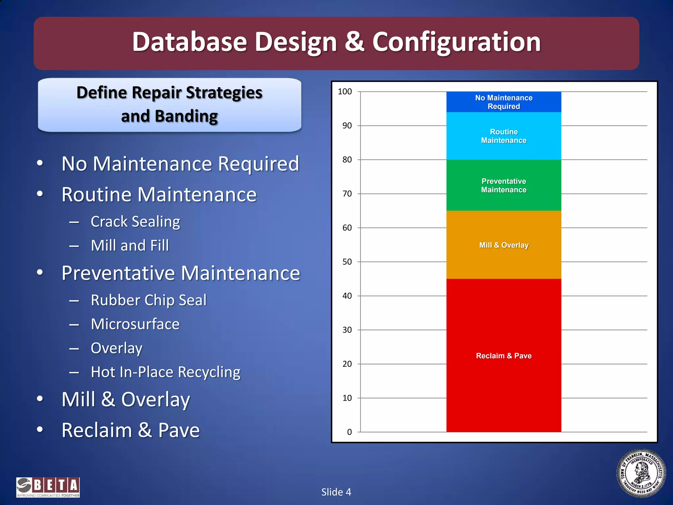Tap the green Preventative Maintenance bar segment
pos(503,201)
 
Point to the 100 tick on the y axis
pos(345,92)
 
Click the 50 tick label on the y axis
pos(347,262)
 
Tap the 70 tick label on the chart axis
pos(347,194)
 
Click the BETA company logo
pos(48,487)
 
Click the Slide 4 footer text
pos(336,492)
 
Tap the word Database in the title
pos(189,42)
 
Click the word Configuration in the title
pos(456,42)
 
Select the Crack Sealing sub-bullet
pos(135,222)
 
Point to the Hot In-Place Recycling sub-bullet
pos(166,372)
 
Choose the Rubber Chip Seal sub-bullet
pos(149,300)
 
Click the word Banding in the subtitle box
pos(186,116)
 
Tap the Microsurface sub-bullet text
pos(135,324)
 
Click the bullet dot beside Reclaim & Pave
pos(40,429)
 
